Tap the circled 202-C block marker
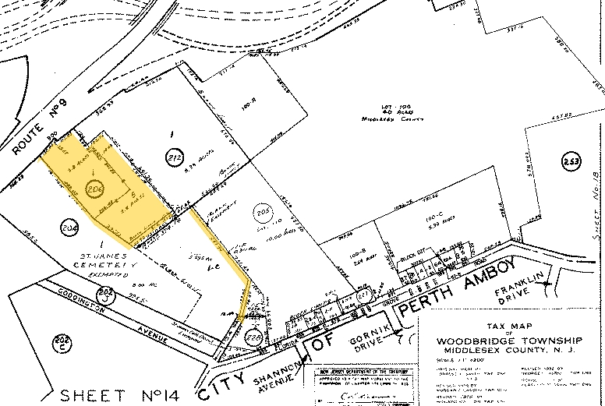60,341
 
